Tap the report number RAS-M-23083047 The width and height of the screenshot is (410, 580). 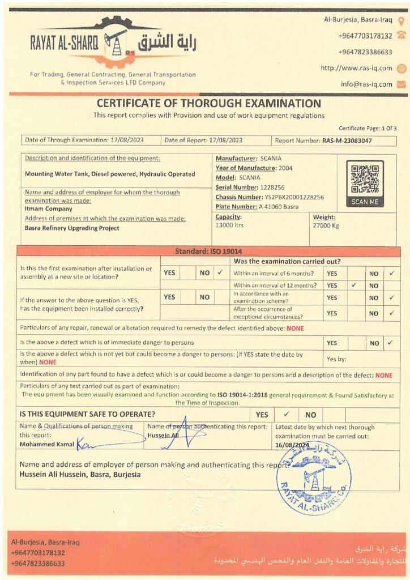pos(347,140)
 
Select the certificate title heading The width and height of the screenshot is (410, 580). pos(208,104)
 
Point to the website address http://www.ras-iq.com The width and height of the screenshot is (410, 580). pos(356,68)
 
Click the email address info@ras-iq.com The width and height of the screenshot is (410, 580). pos(366,84)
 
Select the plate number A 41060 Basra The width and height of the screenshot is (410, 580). pos(277,207)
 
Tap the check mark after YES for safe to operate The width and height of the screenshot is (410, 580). pos(287,414)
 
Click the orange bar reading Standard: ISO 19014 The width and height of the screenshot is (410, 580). pos(208,251)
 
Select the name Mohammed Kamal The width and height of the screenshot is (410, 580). pos(47,444)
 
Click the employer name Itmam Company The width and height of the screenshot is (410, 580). pos(49,208)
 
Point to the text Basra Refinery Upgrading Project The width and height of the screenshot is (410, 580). pos(72,228)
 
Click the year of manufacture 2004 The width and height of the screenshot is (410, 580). pos(285,168)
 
